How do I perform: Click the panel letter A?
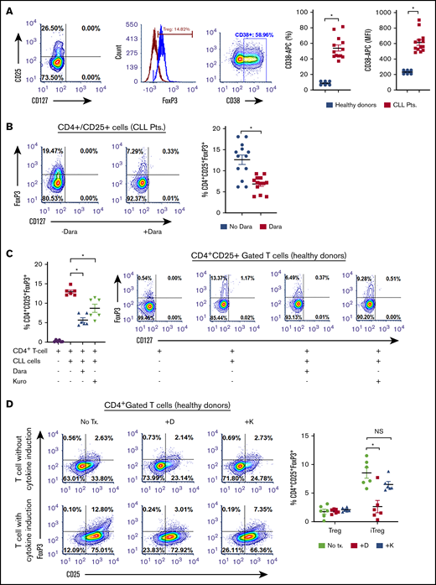(x=6, y=7)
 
